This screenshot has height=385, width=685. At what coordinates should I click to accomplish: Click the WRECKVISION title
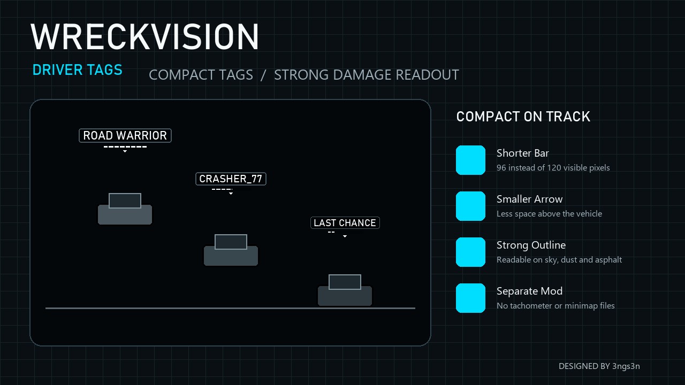coord(144,37)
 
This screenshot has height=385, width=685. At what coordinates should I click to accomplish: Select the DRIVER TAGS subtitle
coord(78,70)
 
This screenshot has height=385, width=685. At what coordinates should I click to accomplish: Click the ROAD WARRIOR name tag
coord(125,135)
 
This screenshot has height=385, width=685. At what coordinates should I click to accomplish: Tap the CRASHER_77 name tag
coord(231,179)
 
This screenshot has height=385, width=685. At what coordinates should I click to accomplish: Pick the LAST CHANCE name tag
coord(345,223)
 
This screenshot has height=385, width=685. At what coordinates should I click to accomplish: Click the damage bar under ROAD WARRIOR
coord(125,147)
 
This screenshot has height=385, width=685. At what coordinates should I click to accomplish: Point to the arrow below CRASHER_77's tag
coord(231,194)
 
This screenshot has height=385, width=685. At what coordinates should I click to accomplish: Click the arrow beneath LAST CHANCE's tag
coord(345,236)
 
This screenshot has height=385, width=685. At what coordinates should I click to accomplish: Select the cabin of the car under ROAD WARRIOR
coord(125,201)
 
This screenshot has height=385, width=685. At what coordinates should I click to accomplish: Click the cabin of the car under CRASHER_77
coord(231,242)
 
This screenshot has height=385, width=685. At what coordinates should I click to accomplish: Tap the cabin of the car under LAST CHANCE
coord(345,282)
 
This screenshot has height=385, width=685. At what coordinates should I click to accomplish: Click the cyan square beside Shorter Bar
coord(470,160)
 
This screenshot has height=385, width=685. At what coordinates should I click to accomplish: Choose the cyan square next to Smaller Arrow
coord(470,206)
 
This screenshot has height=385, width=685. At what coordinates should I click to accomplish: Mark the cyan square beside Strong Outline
coord(470,252)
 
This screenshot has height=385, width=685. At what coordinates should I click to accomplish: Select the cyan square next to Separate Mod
coord(470,298)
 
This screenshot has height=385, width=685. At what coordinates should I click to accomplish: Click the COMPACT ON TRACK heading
coord(523,117)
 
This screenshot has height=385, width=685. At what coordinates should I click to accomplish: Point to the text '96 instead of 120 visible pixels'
coord(553,168)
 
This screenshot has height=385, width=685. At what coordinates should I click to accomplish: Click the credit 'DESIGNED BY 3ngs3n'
coord(599,366)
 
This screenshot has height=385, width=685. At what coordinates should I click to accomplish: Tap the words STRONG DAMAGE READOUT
coord(367,75)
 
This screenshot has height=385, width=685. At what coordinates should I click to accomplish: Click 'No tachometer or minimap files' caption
coord(555,305)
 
